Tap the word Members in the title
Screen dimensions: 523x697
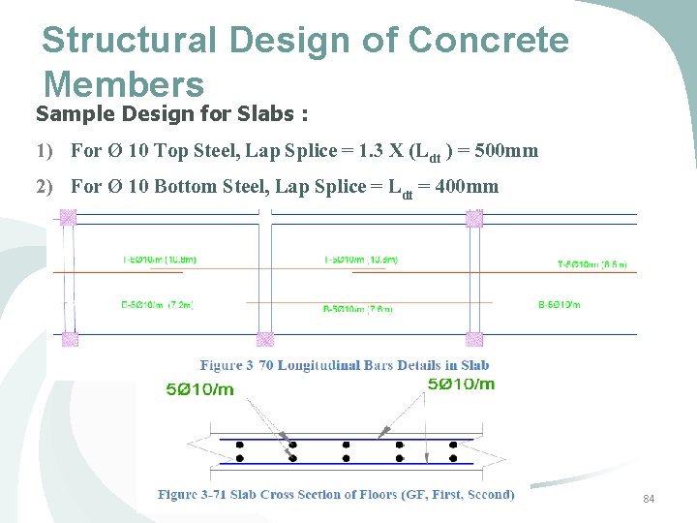click(x=123, y=83)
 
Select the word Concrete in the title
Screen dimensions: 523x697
click(x=488, y=41)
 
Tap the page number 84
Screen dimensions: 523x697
click(x=649, y=499)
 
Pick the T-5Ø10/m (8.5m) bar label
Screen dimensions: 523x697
click(x=591, y=262)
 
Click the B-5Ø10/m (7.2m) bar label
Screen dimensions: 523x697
click(x=157, y=305)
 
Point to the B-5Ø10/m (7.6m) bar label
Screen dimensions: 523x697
click(x=357, y=309)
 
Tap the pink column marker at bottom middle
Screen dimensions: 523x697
click(x=264, y=340)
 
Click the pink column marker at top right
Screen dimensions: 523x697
click(x=474, y=219)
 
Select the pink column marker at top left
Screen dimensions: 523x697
click(x=69, y=218)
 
